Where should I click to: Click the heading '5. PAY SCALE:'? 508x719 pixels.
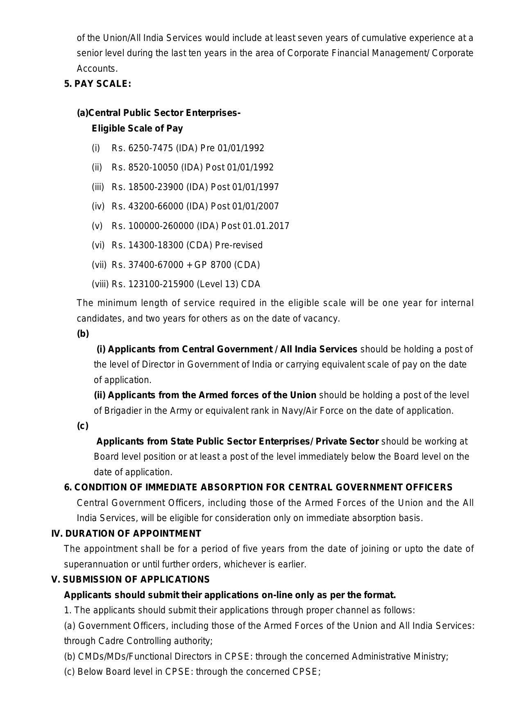tap(98, 84)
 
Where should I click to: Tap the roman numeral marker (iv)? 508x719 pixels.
tap(98, 206)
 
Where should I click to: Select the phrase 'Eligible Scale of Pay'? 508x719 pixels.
tap(137, 129)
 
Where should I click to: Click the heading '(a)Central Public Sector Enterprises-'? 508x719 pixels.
tap(159, 113)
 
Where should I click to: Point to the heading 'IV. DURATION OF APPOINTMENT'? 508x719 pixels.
tap(126, 534)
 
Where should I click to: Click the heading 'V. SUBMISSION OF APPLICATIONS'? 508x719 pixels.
tap(130, 580)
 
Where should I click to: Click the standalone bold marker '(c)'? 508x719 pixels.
tap(83, 426)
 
